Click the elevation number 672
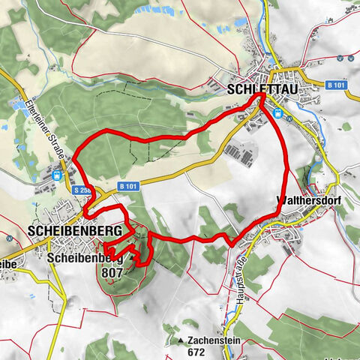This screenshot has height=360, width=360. click(x=196, y=351)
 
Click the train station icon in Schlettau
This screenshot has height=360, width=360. click(x=277, y=113)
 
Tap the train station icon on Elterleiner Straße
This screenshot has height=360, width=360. click(x=57, y=175)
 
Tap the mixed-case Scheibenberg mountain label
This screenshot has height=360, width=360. click(x=82, y=259)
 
